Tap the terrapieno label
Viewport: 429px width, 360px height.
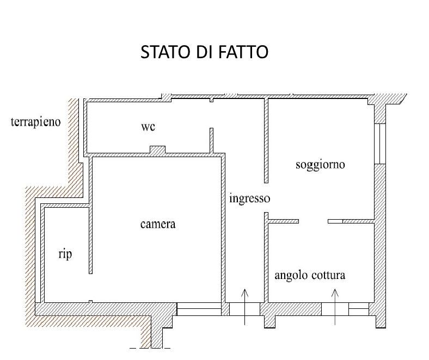click(x=35, y=122)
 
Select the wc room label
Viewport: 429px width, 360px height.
click(x=148, y=127)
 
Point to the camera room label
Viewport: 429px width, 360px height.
click(x=158, y=224)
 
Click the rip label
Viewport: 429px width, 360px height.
click(x=65, y=254)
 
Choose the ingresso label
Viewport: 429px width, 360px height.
click(x=249, y=198)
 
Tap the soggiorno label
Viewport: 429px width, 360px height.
click(x=320, y=165)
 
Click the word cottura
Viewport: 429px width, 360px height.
click(x=328, y=275)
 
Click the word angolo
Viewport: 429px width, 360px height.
click(x=291, y=276)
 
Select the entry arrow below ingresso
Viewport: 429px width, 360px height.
click(x=244, y=307)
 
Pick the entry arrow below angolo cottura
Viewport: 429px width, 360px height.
click(x=335, y=307)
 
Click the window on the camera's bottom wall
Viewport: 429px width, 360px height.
click(x=199, y=309)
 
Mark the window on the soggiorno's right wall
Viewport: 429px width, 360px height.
click(x=380, y=144)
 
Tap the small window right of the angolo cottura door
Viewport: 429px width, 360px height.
click(x=359, y=309)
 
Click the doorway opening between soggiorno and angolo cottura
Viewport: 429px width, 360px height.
click(x=313, y=221)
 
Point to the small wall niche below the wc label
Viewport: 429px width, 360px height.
click(x=157, y=150)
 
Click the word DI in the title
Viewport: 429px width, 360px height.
click(x=205, y=52)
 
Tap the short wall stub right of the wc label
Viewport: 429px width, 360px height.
click(x=211, y=140)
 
